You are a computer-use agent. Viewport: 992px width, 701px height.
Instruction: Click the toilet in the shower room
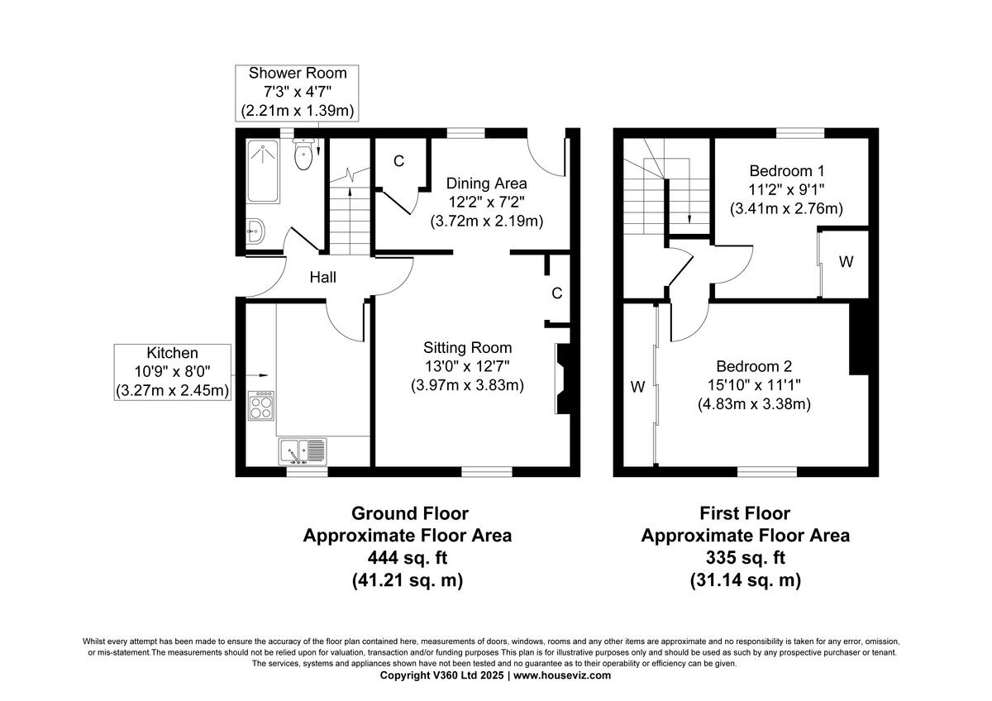[303, 155]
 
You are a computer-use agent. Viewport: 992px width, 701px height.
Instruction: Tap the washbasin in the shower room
[255, 231]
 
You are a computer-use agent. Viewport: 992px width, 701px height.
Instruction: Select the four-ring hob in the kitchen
[262, 407]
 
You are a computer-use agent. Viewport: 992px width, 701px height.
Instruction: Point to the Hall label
[322, 278]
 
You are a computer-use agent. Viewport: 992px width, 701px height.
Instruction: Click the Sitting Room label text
[467, 348]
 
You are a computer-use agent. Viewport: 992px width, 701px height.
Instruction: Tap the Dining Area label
[486, 183]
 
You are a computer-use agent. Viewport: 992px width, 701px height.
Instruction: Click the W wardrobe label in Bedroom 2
[637, 386]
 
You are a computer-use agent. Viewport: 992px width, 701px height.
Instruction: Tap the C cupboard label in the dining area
[398, 161]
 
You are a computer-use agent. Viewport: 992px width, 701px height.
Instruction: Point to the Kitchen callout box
[173, 372]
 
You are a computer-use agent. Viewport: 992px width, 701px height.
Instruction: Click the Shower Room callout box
[298, 91]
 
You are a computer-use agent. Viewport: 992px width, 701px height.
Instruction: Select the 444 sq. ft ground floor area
[407, 557]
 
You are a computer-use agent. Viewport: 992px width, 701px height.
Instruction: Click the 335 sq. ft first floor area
[745, 557]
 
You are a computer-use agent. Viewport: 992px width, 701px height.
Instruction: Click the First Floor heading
[745, 513]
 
